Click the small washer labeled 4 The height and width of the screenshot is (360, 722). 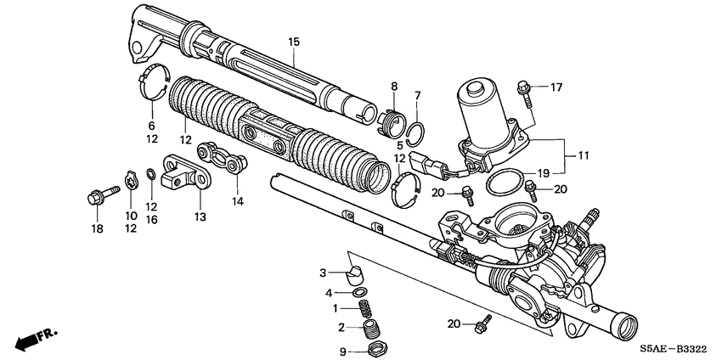click(360, 293)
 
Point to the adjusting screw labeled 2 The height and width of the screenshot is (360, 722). click(369, 328)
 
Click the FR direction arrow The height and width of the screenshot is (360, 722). click(34, 339)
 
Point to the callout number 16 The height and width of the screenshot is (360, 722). click(152, 219)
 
